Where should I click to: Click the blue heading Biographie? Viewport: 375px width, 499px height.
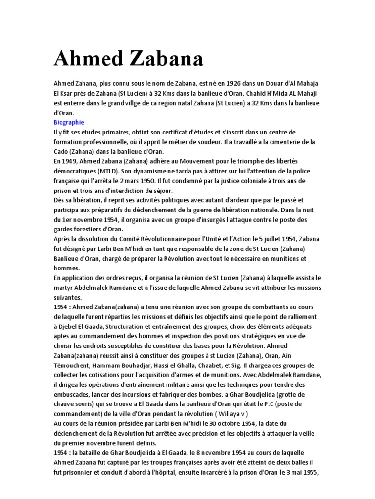(69, 122)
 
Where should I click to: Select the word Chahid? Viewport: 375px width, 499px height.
(261, 94)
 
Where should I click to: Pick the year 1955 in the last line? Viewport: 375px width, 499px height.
(311, 472)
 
